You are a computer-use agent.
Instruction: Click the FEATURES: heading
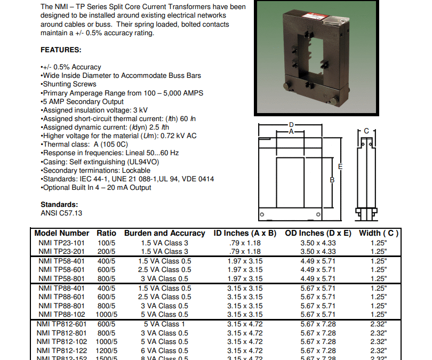(61, 50)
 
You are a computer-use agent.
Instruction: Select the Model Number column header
(62, 233)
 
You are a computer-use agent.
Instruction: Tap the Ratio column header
(106, 233)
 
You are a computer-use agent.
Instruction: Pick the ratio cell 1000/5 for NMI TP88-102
(107, 315)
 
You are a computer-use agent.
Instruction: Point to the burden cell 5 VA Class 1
(164, 324)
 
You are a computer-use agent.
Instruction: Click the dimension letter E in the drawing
(340, 167)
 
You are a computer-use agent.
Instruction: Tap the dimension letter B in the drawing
(332, 180)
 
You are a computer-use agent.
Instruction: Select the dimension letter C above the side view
(366, 131)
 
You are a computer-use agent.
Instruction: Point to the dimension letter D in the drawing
(291, 124)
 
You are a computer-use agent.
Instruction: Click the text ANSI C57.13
(61, 213)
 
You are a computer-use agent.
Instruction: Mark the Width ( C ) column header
(379, 233)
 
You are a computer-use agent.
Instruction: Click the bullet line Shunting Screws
(69, 84)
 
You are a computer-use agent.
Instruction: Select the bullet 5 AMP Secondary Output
(82, 101)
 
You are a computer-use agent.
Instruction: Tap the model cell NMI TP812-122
(62, 350)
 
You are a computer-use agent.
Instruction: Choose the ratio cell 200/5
(106, 251)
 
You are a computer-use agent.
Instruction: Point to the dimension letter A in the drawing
(291, 131)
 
